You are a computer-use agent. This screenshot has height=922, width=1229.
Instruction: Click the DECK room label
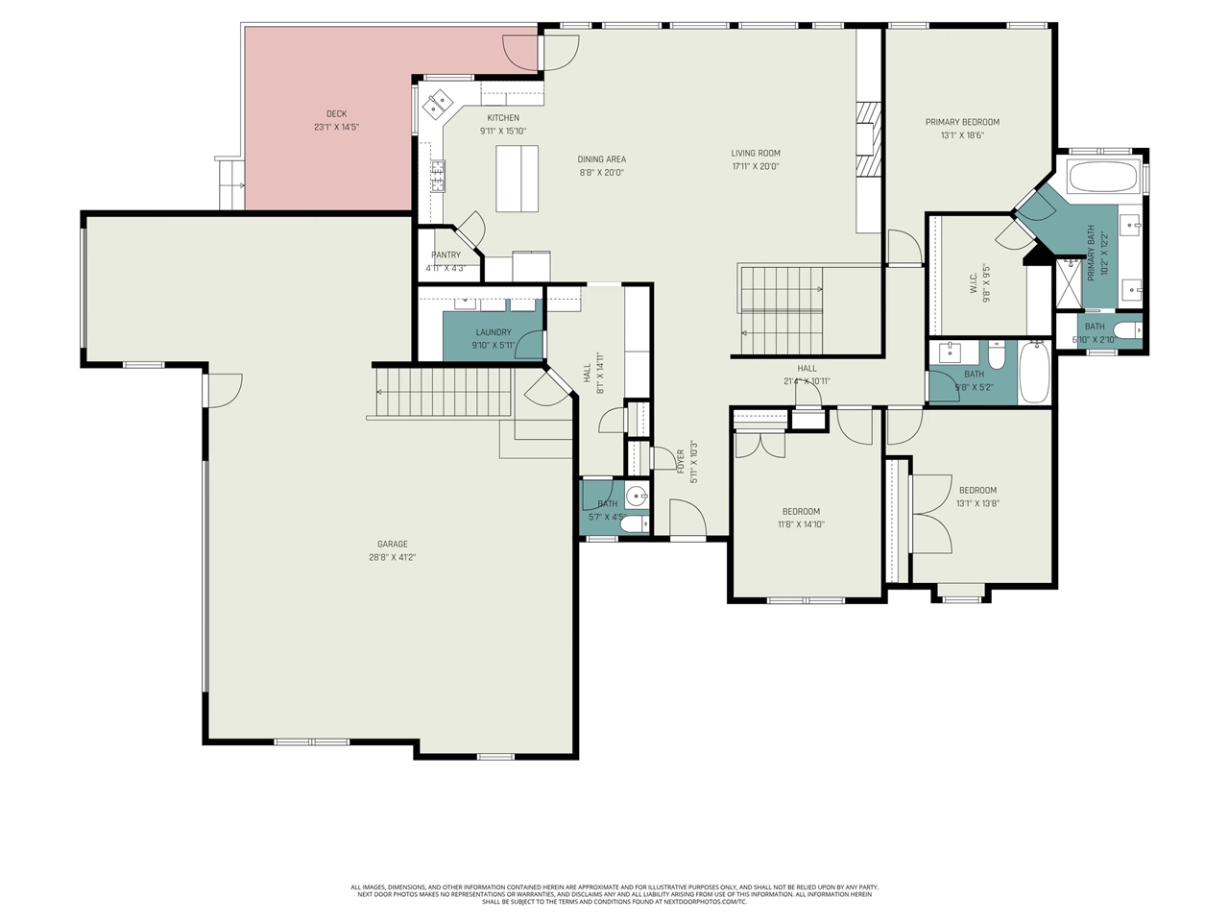pos(336,114)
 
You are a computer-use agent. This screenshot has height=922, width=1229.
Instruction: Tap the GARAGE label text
pos(392,545)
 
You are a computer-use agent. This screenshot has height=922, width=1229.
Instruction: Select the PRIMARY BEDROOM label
pos(962,122)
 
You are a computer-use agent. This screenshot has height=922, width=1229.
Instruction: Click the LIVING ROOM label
pos(756,153)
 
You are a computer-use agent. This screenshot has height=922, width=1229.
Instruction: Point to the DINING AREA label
pos(602,159)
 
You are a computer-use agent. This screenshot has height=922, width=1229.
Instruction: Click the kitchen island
pos(517,178)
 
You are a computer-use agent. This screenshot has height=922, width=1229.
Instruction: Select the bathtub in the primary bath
pos(1102,178)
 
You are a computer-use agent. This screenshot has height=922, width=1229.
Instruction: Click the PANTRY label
pos(446,255)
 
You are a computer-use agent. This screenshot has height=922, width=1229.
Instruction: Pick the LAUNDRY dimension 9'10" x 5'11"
pos(493,345)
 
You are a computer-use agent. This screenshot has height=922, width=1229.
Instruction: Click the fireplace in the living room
pos(869,139)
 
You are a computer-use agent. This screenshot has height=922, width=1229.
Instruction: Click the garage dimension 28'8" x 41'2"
pos(392,557)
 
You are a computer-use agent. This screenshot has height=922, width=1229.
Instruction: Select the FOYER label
pos(681,461)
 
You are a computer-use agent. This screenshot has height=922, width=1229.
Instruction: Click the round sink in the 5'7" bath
pos(635,497)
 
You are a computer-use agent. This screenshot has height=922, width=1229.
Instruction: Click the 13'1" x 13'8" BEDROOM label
pos(977,491)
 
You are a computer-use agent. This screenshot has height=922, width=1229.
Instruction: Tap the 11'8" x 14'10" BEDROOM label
pos(801,512)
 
